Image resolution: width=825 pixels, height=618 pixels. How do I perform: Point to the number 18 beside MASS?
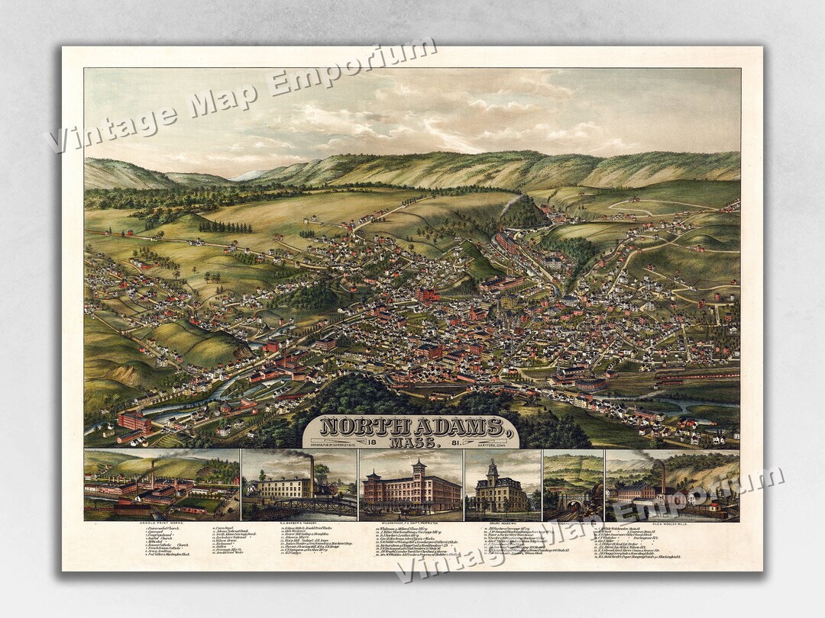click(369, 443)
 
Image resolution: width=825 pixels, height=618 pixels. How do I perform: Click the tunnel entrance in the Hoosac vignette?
click(570, 504)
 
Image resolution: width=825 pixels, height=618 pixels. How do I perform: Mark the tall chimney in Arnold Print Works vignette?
click(152, 474)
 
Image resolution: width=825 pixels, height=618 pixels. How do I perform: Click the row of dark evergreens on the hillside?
click(225, 227)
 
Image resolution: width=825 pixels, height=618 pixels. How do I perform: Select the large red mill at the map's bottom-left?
click(134, 421)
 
